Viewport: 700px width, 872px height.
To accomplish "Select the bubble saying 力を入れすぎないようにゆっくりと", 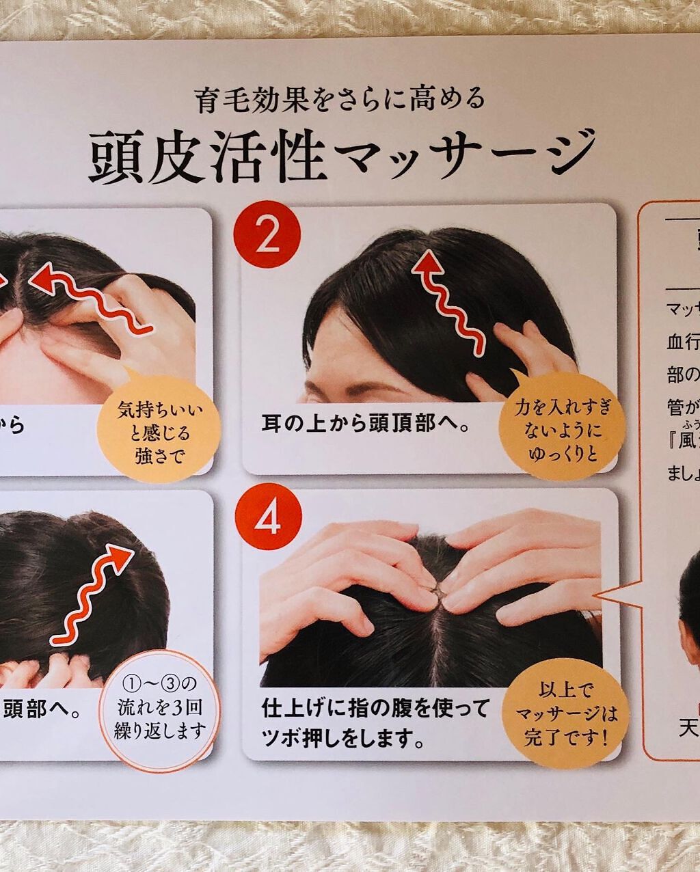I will coord(563,429).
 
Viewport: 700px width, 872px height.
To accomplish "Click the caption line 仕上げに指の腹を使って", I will coord(375,707).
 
